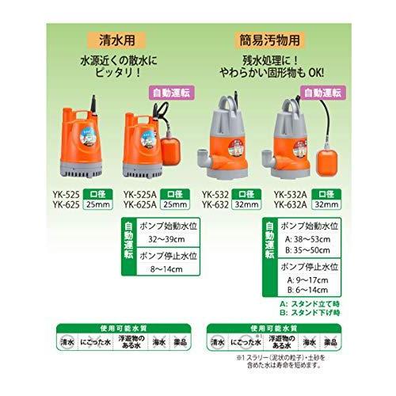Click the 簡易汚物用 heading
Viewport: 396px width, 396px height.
pos(272,37)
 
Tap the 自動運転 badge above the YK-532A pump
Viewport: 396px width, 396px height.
pos(322,93)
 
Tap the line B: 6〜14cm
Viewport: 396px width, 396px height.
pos(307,291)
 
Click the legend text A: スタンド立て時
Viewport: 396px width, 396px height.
pos(311,303)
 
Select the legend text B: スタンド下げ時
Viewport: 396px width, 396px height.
pos(311,313)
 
